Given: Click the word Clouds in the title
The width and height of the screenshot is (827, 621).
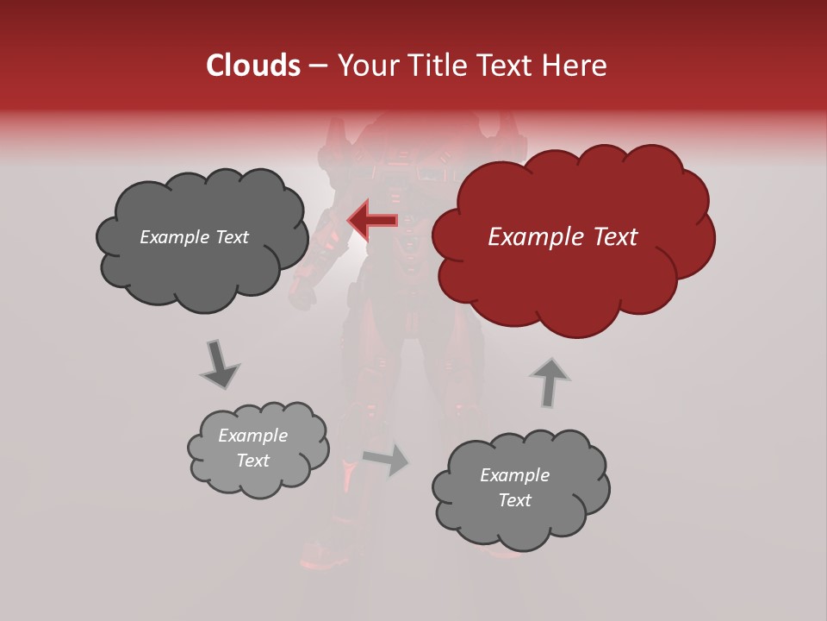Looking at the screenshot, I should (x=253, y=66).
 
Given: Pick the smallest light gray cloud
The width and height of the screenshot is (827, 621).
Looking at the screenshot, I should (x=258, y=448).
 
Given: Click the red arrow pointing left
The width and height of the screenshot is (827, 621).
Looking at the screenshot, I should (x=372, y=220).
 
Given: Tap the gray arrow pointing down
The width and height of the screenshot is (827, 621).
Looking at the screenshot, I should (x=219, y=363).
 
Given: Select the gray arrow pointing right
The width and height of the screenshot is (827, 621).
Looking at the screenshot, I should (x=386, y=460).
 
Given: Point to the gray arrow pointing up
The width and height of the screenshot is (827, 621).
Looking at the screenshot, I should (x=550, y=381).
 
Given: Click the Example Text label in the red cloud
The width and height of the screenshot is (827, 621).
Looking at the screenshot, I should (x=563, y=237).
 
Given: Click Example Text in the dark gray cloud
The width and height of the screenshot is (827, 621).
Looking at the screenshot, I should (x=194, y=237).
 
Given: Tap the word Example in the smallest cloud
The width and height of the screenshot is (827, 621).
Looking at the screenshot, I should (x=252, y=436).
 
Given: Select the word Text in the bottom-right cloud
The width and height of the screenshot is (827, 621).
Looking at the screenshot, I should (x=514, y=500).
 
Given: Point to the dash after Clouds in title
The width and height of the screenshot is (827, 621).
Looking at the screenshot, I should (x=317, y=66).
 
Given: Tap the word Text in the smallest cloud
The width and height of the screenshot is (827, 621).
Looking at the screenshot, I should (x=252, y=461).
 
